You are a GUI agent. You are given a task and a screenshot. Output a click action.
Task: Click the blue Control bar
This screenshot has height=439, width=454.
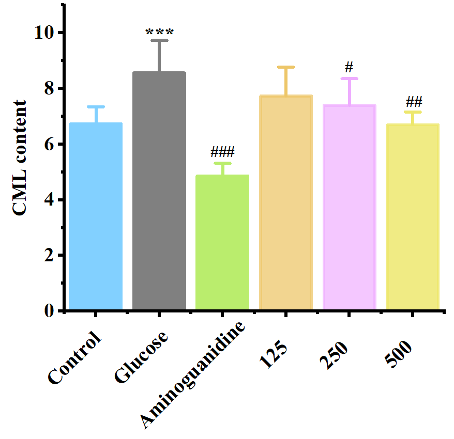(96, 217)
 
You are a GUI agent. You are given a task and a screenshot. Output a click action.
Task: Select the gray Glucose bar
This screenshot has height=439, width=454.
(159, 191)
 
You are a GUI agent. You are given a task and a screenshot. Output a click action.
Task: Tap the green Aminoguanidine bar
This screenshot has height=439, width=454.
(222, 243)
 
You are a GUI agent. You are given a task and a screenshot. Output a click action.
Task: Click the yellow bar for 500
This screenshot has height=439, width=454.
(413, 217)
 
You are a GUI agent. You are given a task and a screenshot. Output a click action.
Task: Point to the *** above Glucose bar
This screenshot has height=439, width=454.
(159, 33)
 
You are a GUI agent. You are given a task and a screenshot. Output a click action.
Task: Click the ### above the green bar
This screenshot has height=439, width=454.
(222, 152)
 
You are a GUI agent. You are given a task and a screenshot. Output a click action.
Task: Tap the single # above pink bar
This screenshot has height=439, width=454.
(349, 67)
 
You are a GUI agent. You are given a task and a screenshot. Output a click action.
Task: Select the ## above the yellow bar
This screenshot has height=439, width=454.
(413, 101)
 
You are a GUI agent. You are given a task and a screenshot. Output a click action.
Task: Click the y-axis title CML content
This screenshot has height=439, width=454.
(20, 159)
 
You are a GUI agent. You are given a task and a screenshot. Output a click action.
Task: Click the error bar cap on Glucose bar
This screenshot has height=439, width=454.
(159, 40)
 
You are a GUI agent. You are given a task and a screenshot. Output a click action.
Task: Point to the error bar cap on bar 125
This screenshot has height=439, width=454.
(286, 67)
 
